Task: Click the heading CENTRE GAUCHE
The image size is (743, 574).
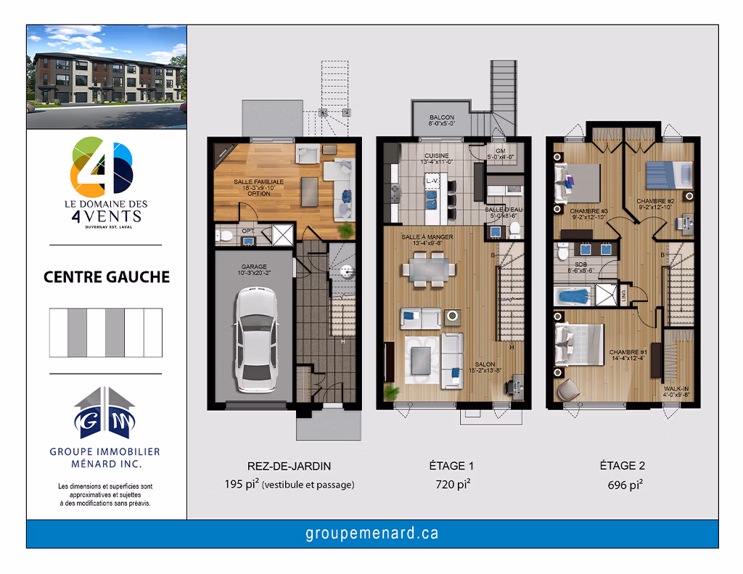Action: coord(107,277)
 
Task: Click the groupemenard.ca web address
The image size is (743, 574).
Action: coord(371,534)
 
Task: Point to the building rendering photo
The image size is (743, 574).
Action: coord(107,77)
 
